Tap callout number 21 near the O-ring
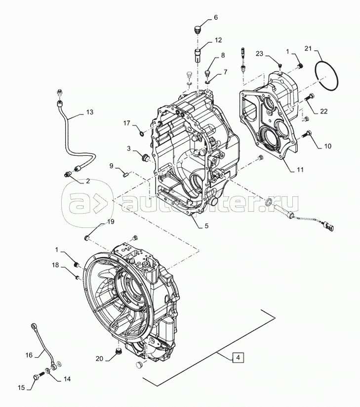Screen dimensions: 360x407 pyautogui.click(x=308, y=48)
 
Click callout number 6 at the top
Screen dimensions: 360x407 pyautogui.click(x=215, y=18)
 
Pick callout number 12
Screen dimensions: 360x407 pyautogui.click(x=218, y=40)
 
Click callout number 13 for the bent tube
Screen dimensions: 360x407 pyautogui.click(x=89, y=112)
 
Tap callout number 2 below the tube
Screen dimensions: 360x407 pyautogui.click(x=88, y=181)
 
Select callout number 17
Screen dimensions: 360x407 pyautogui.click(x=126, y=123)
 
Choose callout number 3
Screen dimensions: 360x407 pyautogui.click(x=128, y=148)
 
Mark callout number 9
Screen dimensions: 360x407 pyautogui.click(x=112, y=165)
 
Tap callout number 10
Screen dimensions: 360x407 pyautogui.click(x=328, y=146)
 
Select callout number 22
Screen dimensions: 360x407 pyautogui.click(x=323, y=111)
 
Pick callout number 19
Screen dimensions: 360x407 pyautogui.click(x=111, y=222)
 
